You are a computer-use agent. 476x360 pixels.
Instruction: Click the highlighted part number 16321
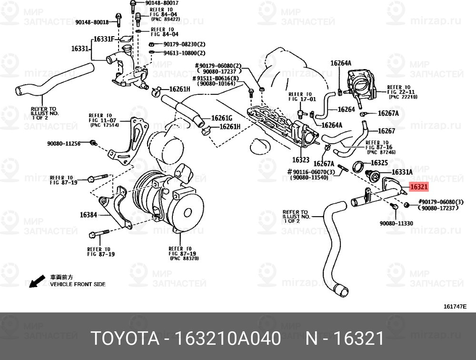click(419, 188)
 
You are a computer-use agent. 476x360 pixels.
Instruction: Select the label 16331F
click(103, 39)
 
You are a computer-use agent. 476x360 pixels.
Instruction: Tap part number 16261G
click(222, 118)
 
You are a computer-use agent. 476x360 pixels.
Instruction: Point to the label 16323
click(301, 160)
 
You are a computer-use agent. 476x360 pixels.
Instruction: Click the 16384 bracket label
click(89, 215)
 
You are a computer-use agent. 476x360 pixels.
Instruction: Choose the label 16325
click(380, 163)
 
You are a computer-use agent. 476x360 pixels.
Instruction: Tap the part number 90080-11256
click(67, 142)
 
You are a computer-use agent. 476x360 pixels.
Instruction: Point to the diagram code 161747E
click(455, 307)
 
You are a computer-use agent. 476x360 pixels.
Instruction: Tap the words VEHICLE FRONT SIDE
click(78, 284)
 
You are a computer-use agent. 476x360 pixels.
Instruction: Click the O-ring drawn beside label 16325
click(358, 166)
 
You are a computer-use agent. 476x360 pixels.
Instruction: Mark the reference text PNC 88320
click(183, 258)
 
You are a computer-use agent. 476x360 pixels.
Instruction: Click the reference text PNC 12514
click(102, 125)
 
